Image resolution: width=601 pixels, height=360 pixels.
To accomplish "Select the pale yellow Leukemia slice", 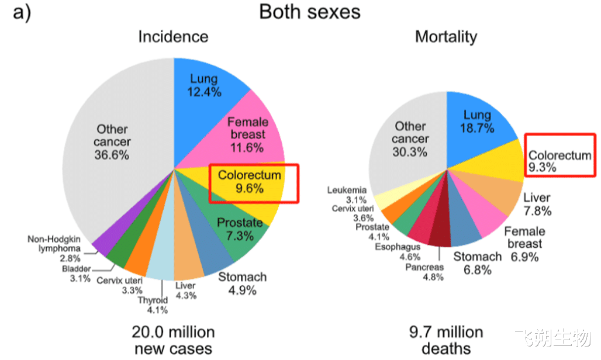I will (383, 199).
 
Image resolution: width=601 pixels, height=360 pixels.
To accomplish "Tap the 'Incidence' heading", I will (173, 37).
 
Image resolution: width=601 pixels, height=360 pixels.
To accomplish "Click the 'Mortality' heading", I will (446, 37).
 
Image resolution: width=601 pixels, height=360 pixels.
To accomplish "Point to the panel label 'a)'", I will (22, 12).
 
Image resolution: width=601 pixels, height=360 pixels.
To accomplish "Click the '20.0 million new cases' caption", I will (174, 341).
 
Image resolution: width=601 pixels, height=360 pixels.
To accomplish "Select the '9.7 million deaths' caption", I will (446, 341).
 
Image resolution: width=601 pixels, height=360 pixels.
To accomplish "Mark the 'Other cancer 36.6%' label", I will (113, 142).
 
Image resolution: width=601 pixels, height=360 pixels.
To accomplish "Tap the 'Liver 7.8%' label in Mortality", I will (537, 204).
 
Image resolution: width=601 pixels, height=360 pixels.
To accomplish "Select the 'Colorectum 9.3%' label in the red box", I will (559, 161).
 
